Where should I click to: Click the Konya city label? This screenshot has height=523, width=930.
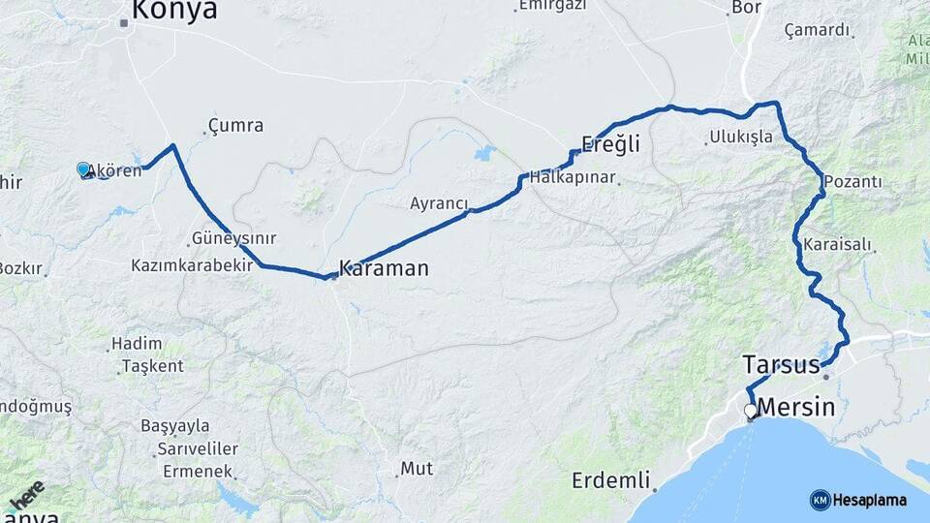click(174, 11)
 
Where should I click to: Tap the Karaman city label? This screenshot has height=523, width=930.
click(384, 268)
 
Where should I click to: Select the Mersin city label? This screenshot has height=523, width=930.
click(795, 407)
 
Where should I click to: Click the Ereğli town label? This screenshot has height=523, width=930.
click(610, 145)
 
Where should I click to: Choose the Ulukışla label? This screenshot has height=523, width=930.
click(741, 137)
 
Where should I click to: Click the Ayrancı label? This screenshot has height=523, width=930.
click(439, 204)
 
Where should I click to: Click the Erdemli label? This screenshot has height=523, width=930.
click(609, 480)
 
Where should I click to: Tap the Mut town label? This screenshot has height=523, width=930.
click(417, 469)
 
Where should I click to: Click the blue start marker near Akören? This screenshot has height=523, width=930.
click(83, 169)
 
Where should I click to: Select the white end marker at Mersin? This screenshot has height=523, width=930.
click(750, 411)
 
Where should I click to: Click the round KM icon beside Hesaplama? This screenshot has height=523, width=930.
click(820, 500)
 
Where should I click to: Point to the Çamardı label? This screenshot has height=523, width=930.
click(818, 30)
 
